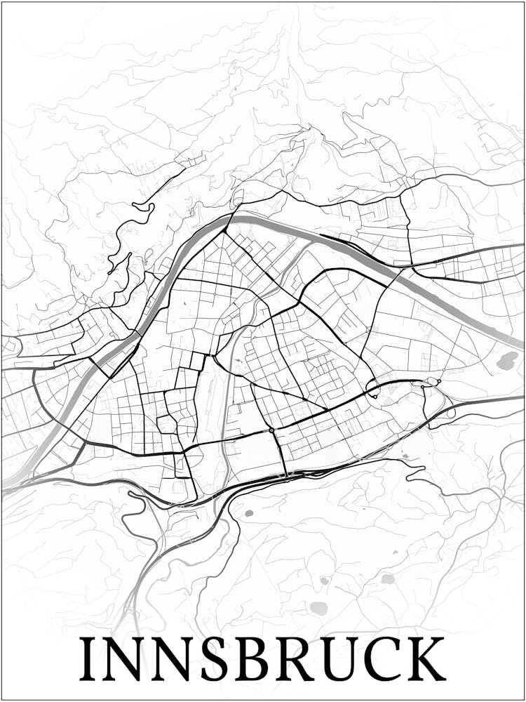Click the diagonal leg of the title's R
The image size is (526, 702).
point(311,670)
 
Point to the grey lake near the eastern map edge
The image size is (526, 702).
point(507,361)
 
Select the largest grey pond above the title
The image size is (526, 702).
point(319,608)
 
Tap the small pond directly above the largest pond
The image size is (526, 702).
point(324,581)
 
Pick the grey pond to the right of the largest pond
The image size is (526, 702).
point(388,579)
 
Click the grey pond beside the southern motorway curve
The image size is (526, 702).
point(248,513)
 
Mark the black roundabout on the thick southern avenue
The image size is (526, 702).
point(271,430)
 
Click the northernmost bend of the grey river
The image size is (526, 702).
point(242,218)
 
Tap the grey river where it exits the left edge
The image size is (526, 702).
point(6,484)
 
